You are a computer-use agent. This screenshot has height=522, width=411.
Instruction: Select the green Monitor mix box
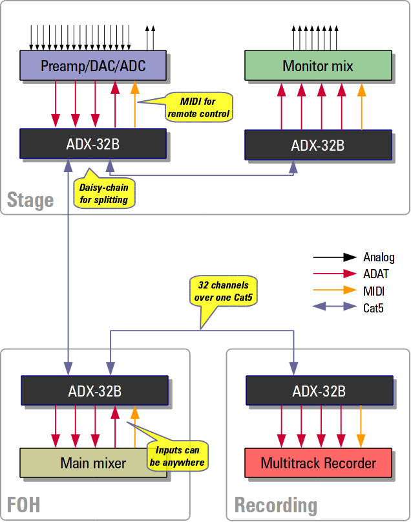(318, 66)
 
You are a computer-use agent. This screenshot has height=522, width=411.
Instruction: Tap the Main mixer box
(93, 462)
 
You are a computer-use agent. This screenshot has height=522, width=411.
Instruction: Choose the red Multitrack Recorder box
(318, 462)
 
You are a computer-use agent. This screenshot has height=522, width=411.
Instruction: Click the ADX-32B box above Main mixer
(94, 391)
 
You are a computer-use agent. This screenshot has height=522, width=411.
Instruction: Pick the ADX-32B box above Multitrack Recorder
(319, 391)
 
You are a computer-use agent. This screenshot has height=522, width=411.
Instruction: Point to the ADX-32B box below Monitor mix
(318, 145)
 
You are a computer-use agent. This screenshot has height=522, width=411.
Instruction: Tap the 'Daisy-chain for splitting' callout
(104, 193)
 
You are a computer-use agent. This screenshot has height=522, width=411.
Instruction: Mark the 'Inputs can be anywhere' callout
(177, 456)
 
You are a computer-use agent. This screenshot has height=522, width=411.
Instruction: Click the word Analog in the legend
(379, 257)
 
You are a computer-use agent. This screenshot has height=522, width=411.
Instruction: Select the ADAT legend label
(376, 274)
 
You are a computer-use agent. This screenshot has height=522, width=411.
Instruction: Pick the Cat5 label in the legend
(374, 308)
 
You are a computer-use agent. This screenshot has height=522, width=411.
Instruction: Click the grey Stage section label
(30, 200)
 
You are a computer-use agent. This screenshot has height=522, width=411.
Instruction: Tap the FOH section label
(23, 504)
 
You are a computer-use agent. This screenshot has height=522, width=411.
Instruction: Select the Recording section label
(276, 505)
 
